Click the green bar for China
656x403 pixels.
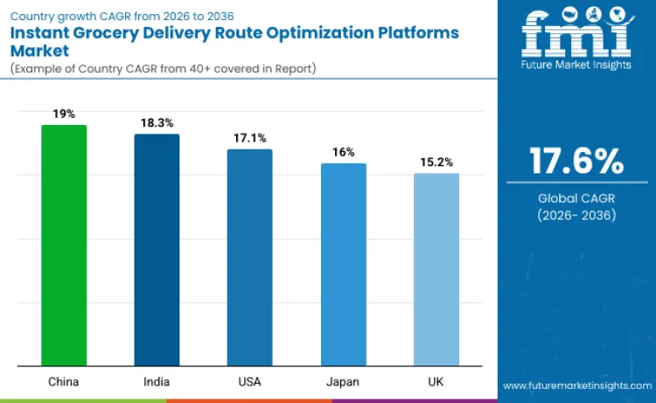[x=64, y=245]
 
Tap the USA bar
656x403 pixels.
[x=249, y=257]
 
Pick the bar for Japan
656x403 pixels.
[x=343, y=264]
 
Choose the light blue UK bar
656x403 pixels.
[x=436, y=269]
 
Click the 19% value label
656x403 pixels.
[x=64, y=114]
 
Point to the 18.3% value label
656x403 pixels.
[x=157, y=123]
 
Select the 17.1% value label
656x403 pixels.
[x=249, y=138]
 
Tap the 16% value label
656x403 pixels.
[x=343, y=152]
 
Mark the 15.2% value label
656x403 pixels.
[x=436, y=162]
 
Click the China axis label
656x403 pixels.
[x=64, y=382]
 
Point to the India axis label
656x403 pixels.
[x=157, y=382]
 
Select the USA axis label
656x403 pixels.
[x=249, y=382]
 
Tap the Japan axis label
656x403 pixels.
[x=343, y=382]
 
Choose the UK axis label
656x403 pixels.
[x=436, y=382]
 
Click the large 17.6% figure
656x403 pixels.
[x=576, y=162]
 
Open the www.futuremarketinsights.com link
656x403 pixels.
[x=576, y=386]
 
